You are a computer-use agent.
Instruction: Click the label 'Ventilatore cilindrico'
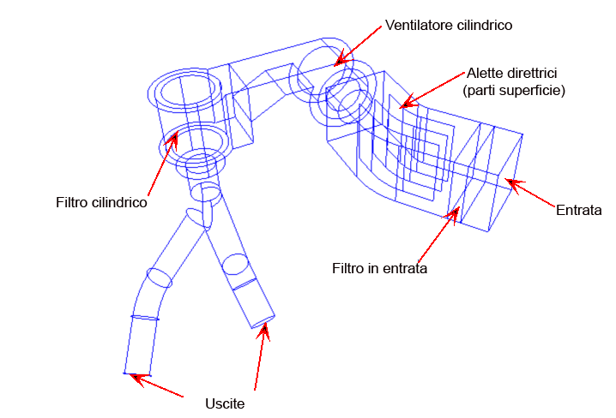click(x=449, y=26)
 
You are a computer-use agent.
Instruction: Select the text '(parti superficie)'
click(x=513, y=90)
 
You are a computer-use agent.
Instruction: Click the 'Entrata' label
click(x=579, y=209)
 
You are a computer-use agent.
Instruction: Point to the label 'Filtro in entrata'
click(x=379, y=268)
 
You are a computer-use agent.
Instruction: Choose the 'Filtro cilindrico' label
click(x=101, y=203)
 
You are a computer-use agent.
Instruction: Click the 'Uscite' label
click(x=226, y=403)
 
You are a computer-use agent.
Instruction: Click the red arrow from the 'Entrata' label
click(x=531, y=192)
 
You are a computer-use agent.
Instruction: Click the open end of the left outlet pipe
click(x=137, y=373)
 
